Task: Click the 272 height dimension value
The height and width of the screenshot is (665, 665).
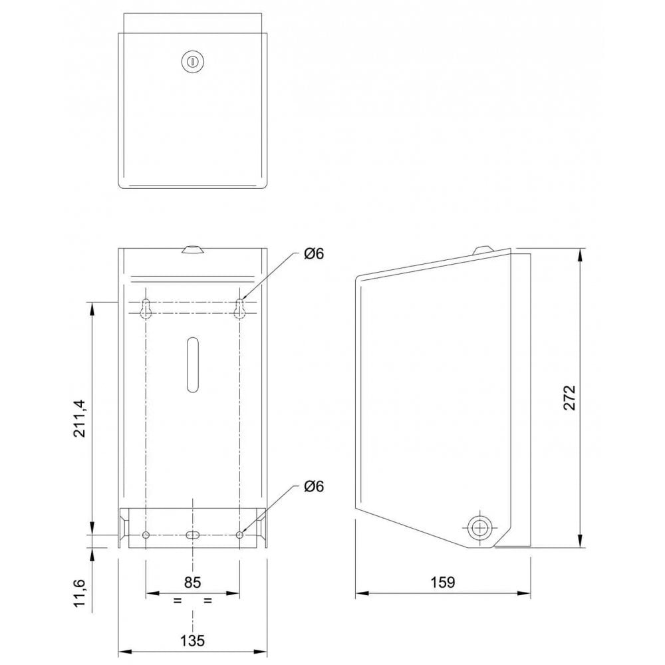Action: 569,398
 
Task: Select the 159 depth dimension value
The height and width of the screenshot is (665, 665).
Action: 442,582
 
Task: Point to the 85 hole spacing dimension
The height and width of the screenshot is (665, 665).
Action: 192,582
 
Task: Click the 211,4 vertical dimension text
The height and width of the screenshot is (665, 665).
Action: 80,418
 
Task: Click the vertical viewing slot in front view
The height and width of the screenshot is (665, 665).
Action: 192,364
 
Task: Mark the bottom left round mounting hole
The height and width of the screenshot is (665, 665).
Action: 146,535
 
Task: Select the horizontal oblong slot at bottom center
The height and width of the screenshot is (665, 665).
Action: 192,535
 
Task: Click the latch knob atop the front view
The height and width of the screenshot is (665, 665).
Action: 192,250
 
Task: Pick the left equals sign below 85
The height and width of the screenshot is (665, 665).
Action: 177,600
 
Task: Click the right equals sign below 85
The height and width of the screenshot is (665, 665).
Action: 207,600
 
